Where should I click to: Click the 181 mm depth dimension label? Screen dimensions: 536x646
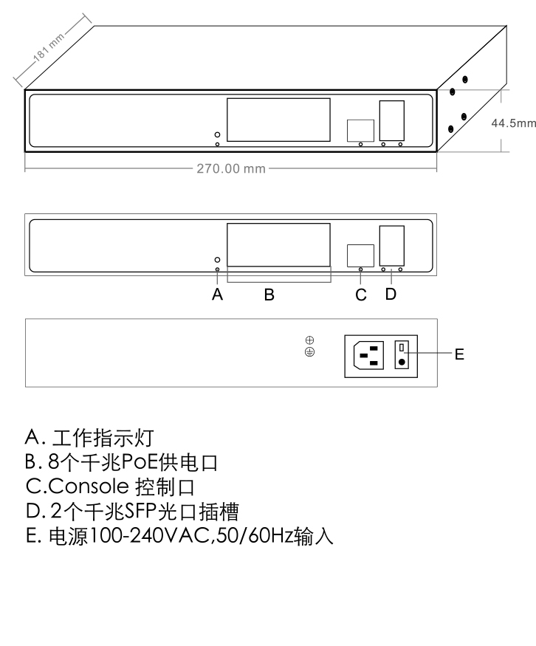click(49, 47)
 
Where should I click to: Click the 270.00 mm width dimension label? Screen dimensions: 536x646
click(230, 168)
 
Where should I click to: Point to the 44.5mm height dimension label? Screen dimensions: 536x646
click(513, 123)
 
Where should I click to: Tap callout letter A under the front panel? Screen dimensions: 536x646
click(218, 295)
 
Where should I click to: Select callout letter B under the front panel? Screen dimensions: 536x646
click(269, 295)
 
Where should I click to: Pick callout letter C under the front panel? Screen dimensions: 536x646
click(361, 295)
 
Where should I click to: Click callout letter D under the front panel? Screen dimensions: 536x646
click(391, 294)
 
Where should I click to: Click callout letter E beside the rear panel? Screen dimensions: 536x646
click(459, 354)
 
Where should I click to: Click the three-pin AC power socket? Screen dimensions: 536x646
click(368, 355)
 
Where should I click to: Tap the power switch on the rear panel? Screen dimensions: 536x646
click(402, 354)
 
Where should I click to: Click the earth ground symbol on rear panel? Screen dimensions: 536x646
click(310, 352)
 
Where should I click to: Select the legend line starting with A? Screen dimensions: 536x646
click(89, 438)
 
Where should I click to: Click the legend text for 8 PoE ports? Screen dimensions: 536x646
click(121, 462)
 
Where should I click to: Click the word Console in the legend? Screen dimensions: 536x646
click(89, 487)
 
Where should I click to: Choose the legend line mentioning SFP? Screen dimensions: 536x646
click(132, 512)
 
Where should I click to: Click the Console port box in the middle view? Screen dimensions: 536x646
click(360, 256)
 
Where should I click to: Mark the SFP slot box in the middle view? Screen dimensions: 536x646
click(392, 246)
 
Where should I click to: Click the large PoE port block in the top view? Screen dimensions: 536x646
click(278, 120)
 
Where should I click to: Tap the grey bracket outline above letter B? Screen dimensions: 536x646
click(279, 282)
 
